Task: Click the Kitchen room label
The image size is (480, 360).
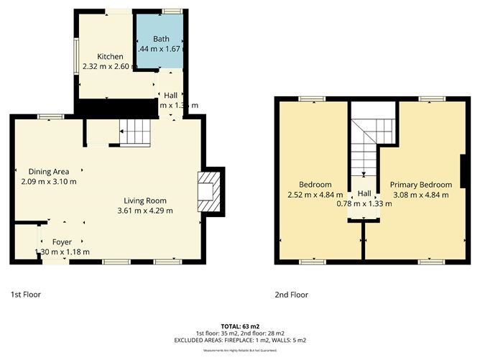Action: tap(111, 57)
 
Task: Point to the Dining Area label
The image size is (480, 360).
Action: tap(48, 172)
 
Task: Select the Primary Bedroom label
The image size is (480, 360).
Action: tap(421, 184)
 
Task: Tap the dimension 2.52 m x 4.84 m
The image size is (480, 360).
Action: tap(317, 194)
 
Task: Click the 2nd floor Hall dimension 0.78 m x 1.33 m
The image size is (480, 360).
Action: tap(364, 203)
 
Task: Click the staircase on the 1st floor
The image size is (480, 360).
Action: tap(136, 133)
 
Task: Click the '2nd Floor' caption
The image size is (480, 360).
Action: tap(291, 295)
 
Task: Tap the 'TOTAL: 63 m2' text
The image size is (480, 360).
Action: tap(240, 326)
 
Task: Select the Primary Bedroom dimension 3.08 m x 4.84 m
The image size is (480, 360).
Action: tap(421, 194)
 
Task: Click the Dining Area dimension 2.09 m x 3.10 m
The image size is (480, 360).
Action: tap(48, 182)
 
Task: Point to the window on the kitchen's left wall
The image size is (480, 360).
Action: tap(75, 54)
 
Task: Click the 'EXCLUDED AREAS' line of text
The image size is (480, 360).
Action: tap(240, 340)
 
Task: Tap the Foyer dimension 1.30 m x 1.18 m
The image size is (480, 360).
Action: tap(62, 252)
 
